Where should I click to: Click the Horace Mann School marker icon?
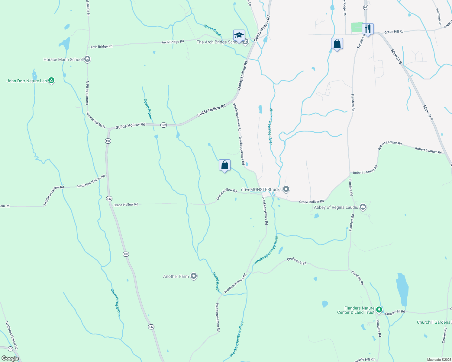tap(87, 59)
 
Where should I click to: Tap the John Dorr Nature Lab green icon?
tap(51, 81)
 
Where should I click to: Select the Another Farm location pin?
tap(194, 276)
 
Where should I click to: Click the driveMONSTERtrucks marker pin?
tap(286, 189)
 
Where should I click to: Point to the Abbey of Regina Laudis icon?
tap(363, 207)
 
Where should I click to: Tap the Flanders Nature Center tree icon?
tap(379, 310)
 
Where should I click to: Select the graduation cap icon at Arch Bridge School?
tap(239, 35)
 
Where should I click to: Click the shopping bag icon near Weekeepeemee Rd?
tap(224, 165)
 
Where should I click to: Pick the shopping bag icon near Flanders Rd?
tap(337, 43)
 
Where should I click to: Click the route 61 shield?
tap(366, 7)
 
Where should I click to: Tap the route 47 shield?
tap(10, 349)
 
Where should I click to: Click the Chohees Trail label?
tap(296, 261)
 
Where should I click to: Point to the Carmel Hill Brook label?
tap(116, 302)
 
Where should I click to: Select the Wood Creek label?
tap(212, 30)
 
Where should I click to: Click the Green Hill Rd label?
tap(394, 32)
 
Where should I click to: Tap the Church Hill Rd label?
tap(395, 313)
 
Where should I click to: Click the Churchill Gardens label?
tap(433, 322)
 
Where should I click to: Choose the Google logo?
tap(10, 358)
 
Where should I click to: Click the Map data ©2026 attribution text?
tap(439, 360)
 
